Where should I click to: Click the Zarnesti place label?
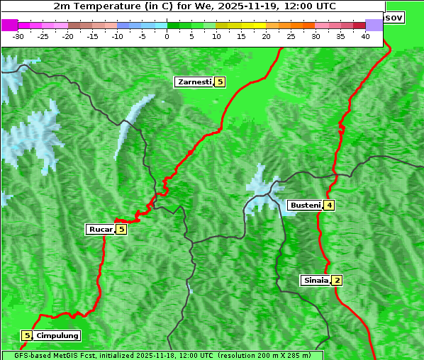(x=194, y=82)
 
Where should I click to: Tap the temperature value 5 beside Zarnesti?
(x=220, y=82)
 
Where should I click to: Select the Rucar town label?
(x=100, y=229)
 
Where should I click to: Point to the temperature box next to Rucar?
(x=121, y=229)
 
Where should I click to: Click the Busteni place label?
(x=305, y=206)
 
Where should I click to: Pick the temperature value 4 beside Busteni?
(x=329, y=206)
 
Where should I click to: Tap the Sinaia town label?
(x=316, y=280)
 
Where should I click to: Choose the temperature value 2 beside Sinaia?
(x=337, y=280)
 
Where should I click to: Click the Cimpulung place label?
(x=57, y=335)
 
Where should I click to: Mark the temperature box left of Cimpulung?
(x=27, y=335)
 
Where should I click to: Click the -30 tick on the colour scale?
(x=18, y=35)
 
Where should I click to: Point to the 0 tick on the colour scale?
(x=167, y=35)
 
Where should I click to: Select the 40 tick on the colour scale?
(x=365, y=35)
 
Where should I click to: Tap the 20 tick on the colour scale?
(x=266, y=35)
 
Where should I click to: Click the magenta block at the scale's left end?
(x=9, y=25)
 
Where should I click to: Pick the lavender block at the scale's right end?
(x=374, y=25)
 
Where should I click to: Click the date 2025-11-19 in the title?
(x=245, y=6)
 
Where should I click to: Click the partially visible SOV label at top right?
(x=394, y=17)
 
